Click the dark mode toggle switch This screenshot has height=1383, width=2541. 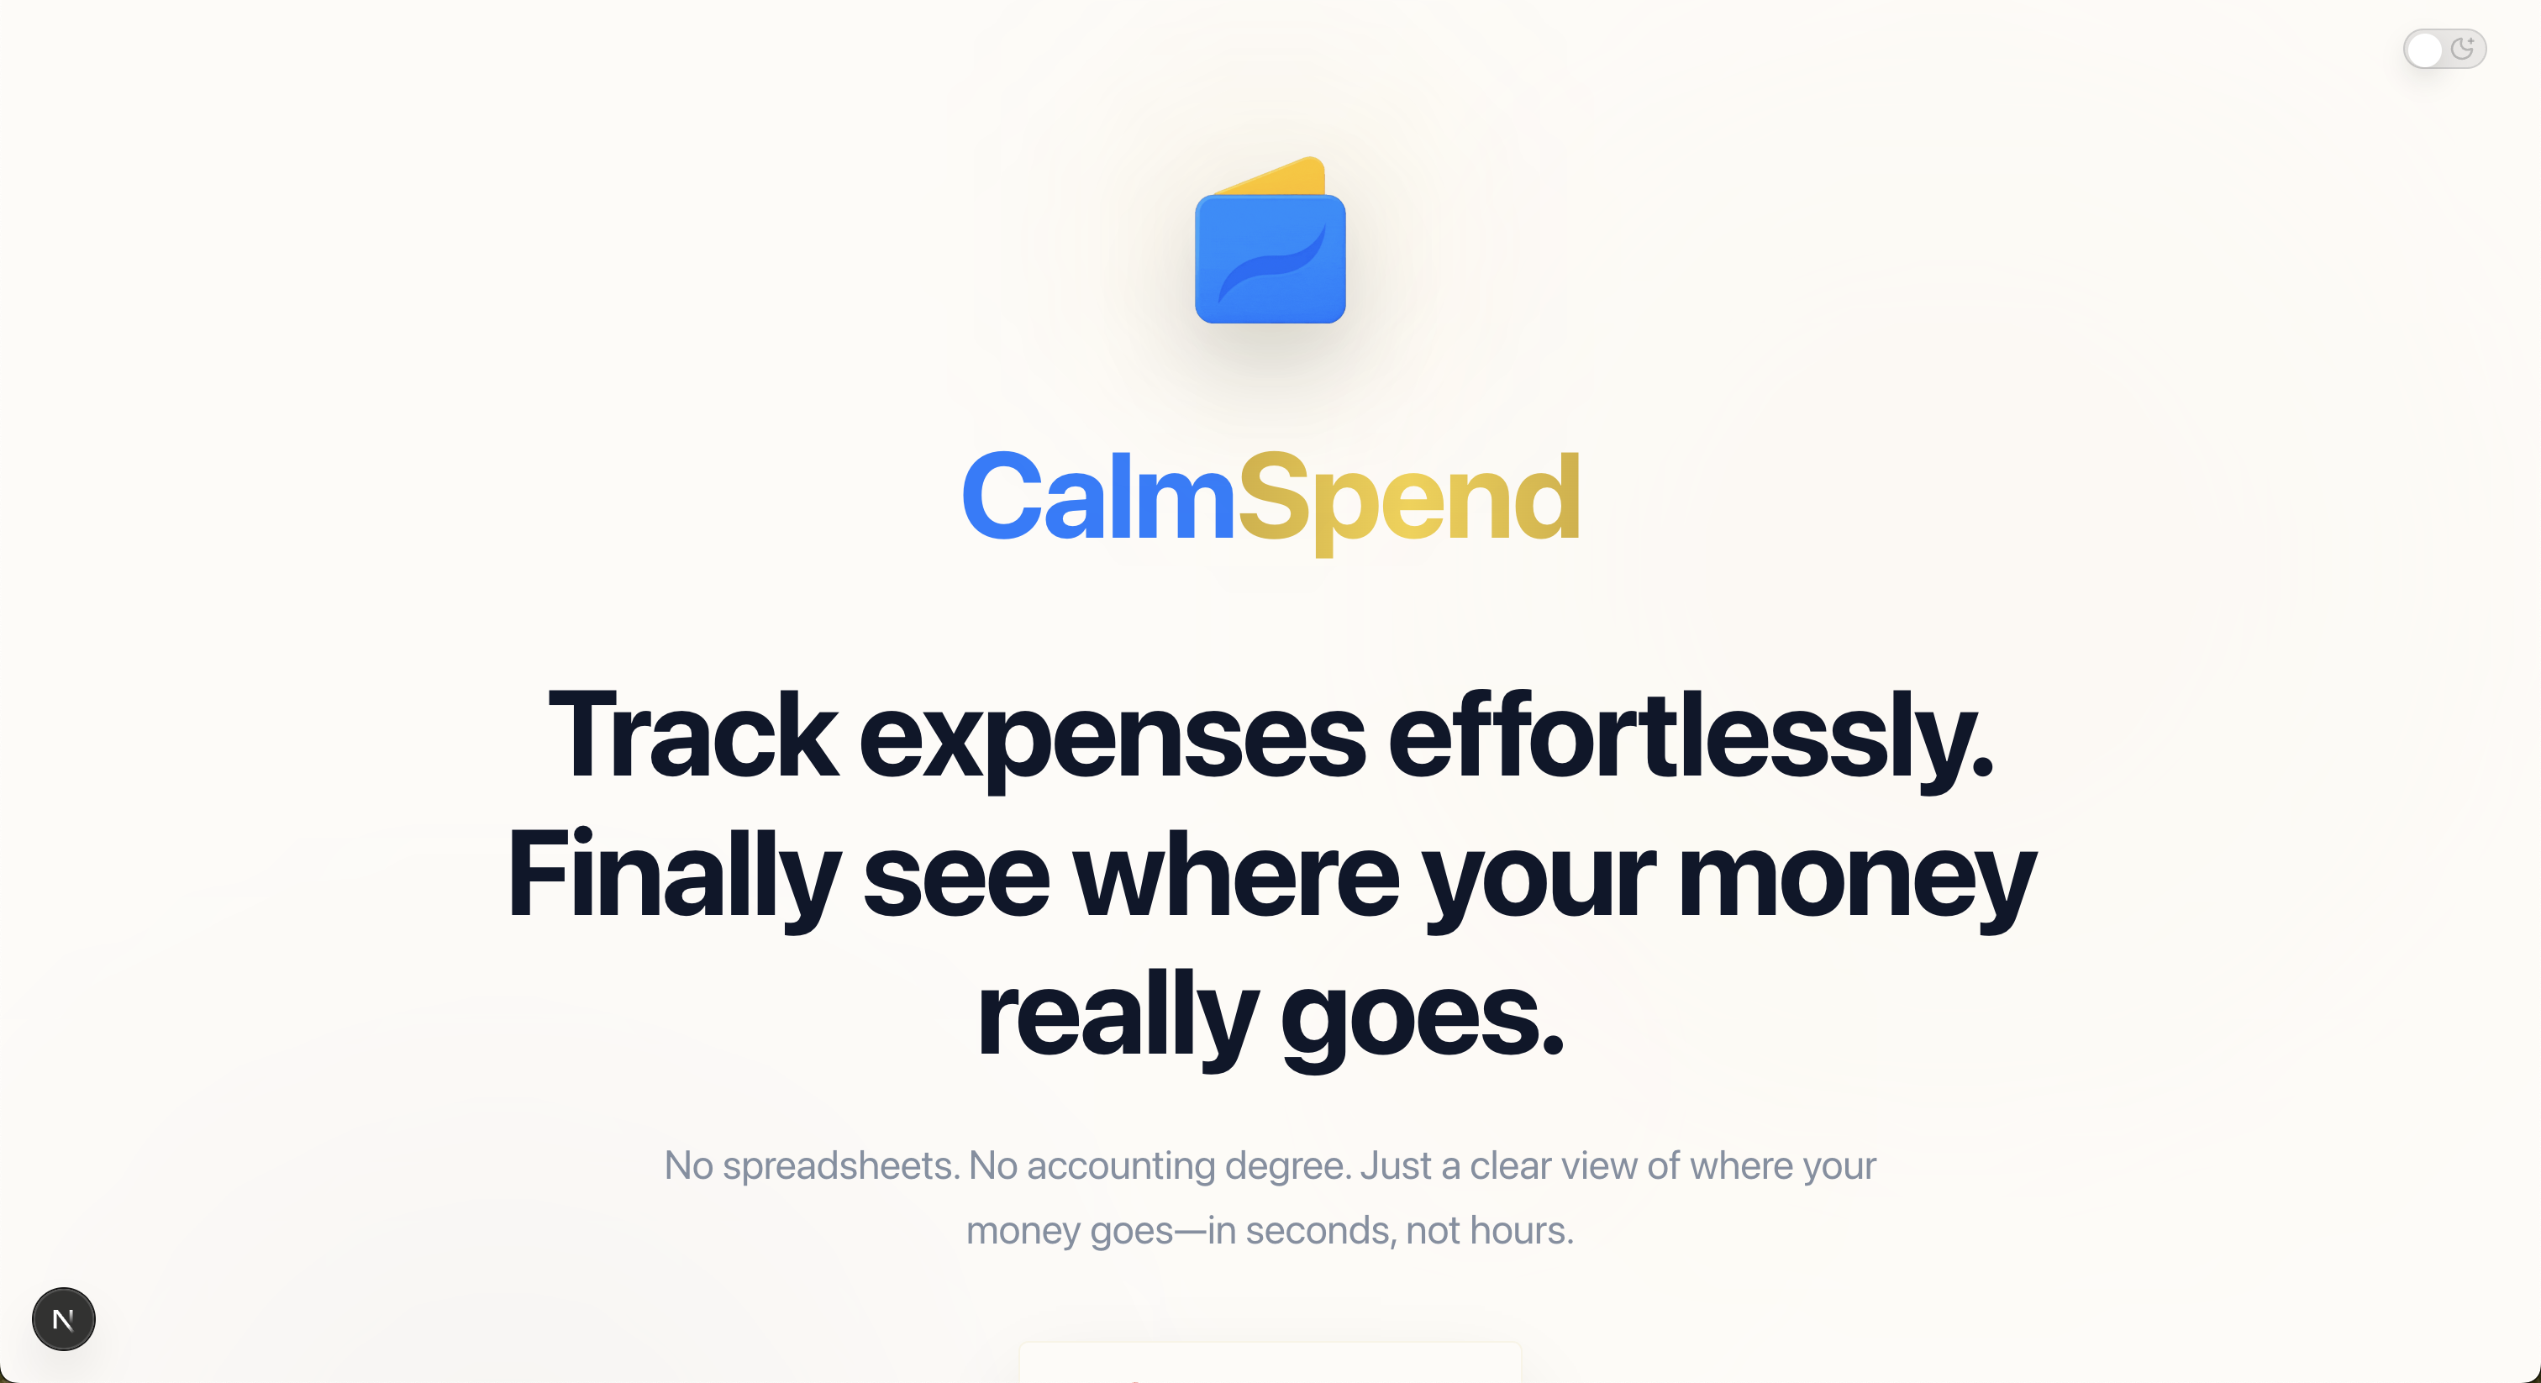2444,50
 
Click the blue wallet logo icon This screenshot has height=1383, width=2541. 1270,260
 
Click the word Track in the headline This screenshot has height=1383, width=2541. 692,735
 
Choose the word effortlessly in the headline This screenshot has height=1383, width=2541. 1690,735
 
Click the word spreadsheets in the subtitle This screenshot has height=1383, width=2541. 840,1166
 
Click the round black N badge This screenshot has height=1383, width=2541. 63,1319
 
